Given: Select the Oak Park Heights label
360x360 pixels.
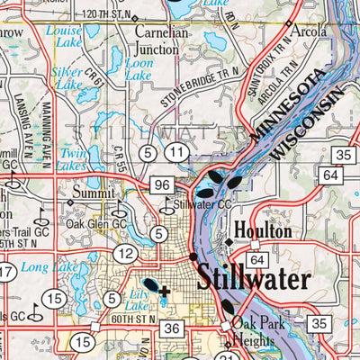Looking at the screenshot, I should pyautogui.click(x=256, y=331).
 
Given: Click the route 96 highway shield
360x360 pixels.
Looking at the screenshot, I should pyautogui.click(x=161, y=184).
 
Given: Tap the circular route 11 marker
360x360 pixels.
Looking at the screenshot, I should pyautogui.click(x=179, y=155).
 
